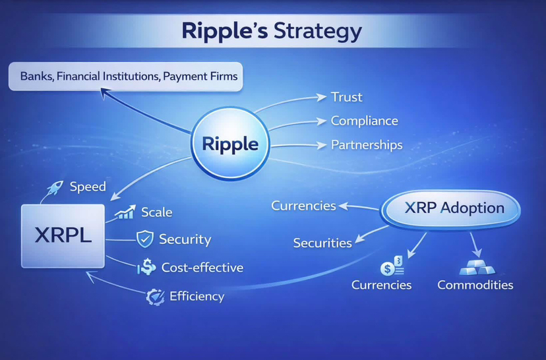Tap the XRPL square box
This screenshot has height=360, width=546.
pyautogui.click(x=63, y=236)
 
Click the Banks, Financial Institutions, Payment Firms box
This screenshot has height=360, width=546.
pyautogui.click(x=123, y=76)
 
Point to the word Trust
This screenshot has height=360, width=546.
pyautogui.click(x=347, y=97)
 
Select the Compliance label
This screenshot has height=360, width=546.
pyautogui.click(x=364, y=121)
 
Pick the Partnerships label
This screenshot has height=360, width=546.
pyautogui.click(x=366, y=145)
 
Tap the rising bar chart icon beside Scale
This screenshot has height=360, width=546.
pyautogui.click(x=125, y=212)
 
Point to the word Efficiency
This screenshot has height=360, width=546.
pyautogui.click(x=197, y=296)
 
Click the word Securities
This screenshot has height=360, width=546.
pyautogui.click(x=322, y=243)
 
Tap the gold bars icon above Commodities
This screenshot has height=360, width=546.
pyautogui.click(x=474, y=267)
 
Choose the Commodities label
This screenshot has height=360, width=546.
pyautogui.click(x=475, y=285)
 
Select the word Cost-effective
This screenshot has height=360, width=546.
pyautogui.click(x=202, y=267)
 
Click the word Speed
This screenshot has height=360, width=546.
pyautogui.click(x=87, y=187)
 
